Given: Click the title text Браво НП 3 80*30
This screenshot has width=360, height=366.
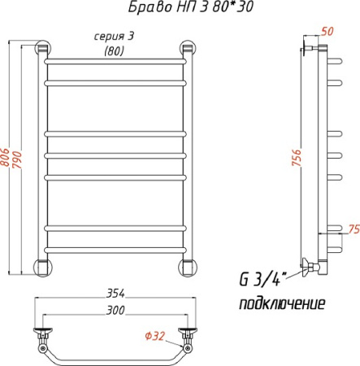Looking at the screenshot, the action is [191, 7].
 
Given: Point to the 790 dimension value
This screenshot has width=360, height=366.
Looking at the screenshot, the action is [17, 160].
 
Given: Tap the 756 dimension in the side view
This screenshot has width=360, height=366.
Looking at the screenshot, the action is [297, 158].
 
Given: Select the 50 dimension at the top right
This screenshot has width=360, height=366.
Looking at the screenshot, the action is [327, 32].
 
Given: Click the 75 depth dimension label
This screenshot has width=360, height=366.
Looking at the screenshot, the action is [353, 229].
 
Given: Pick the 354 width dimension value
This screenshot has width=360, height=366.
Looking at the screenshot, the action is [115, 294].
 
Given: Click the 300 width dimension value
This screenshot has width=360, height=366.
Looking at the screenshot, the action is [115, 311].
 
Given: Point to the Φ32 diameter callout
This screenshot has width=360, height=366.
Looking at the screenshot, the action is [155, 336].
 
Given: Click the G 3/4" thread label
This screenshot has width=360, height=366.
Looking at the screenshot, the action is [262, 279].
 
